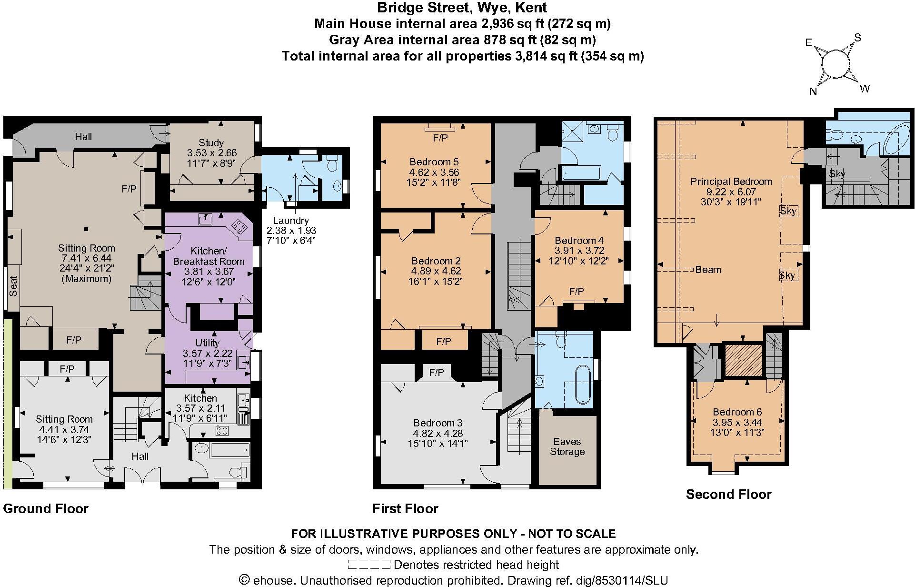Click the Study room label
click(x=211, y=143)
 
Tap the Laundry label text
click(x=291, y=221)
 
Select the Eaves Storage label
click(x=567, y=446)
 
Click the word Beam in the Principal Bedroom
click(x=708, y=270)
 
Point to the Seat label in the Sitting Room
click(x=13, y=286)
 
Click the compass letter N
click(x=813, y=92)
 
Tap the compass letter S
click(x=858, y=38)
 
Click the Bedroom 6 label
click(x=737, y=412)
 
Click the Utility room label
click(x=208, y=343)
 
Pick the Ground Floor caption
click(x=46, y=509)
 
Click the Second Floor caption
click(x=728, y=495)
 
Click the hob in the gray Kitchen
click(x=222, y=431)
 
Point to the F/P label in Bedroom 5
click(x=440, y=138)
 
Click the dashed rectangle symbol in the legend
click(x=369, y=565)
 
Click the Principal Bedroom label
click(x=731, y=182)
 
